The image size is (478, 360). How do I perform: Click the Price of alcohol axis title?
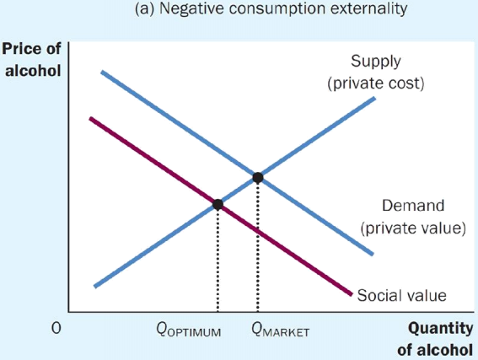click(x=32, y=60)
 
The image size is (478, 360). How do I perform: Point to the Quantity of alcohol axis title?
click(x=436, y=339)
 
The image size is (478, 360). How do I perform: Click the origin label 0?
click(x=56, y=328)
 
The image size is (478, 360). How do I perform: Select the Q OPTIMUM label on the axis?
click(x=189, y=330)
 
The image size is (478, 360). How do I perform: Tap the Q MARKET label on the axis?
click(x=281, y=330)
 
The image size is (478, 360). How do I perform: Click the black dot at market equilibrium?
click(x=258, y=177)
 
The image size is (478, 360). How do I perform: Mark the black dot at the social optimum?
click(x=218, y=204)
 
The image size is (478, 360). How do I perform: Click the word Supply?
click(x=376, y=62)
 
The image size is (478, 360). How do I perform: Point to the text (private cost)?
click(x=376, y=83)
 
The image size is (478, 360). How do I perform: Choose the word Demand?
click(x=413, y=206)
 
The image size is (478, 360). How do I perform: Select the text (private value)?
click(x=413, y=228)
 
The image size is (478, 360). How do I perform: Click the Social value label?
click(x=402, y=295)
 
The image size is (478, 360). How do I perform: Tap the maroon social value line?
click(x=221, y=207)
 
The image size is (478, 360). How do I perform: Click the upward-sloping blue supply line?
click(x=234, y=192)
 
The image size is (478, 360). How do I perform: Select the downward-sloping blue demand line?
click(x=237, y=163)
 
